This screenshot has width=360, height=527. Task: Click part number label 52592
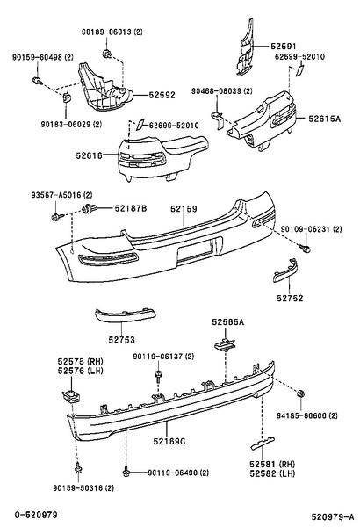pyautogui.click(x=162, y=95)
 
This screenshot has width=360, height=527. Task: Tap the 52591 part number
pyautogui.click(x=284, y=47)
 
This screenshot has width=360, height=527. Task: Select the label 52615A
pyautogui.click(x=324, y=119)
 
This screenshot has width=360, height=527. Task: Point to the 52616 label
pyautogui.click(x=89, y=155)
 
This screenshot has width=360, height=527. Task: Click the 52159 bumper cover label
pyautogui.click(x=184, y=209)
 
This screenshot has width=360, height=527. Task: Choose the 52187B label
pyautogui.click(x=131, y=209)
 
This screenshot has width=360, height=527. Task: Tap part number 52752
pyautogui.click(x=290, y=298)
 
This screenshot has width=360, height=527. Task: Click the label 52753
pyautogui.click(x=121, y=340)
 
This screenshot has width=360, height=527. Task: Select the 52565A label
pyautogui.click(x=228, y=322)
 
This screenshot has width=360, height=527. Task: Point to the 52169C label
pyautogui.click(x=169, y=441)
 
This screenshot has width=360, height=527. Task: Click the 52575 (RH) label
pyautogui.click(x=80, y=362)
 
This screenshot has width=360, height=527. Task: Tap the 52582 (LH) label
pyautogui.click(x=272, y=473)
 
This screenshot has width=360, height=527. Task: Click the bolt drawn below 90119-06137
pyautogui.click(x=157, y=376)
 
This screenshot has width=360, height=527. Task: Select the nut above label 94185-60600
pyautogui.click(x=300, y=393)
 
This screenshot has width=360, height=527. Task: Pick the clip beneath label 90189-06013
pyautogui.click(x=107, y=53)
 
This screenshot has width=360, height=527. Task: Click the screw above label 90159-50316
pyautogui.click(x=78, y=467)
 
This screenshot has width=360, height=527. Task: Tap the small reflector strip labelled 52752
pyautogui.click(x=285, y=271)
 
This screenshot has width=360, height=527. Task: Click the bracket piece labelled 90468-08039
pyautogui.click(x=218, y=119)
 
